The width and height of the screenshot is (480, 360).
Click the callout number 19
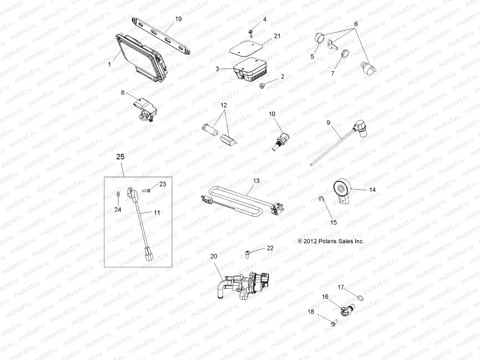[178, 19]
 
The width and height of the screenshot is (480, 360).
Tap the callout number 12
[223, 106]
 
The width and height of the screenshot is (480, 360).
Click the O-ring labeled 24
[118, 195]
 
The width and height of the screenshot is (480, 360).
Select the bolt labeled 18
[333, 324]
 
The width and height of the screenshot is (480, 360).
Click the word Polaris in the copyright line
[331, 241]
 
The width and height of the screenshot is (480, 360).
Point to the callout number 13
[256, 181]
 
